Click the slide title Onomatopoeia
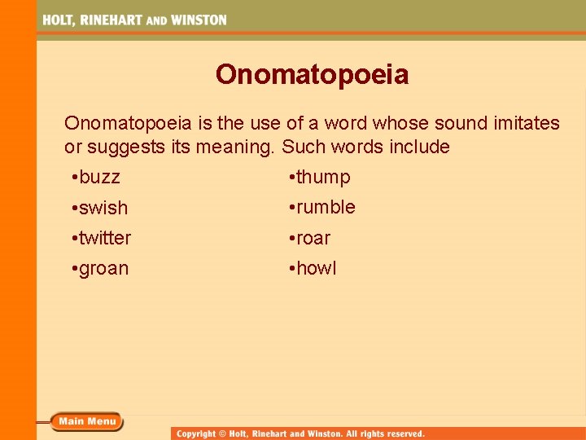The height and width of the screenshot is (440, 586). [312, 76]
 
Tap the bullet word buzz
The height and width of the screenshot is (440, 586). [99, 178]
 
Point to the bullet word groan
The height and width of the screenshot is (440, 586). [103, 269]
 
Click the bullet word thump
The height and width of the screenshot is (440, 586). [323, 178]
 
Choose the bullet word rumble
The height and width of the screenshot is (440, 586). [326, 208]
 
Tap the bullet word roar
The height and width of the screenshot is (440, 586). [313, 238]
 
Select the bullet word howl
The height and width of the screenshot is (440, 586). [316, 269]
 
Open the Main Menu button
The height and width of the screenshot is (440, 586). [87, 421]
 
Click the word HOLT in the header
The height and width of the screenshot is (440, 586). [59, 20]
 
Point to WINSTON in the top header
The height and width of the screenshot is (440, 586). [198, 20]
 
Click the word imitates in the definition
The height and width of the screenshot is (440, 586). [522, 123]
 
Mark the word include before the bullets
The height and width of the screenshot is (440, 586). [419, 147]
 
